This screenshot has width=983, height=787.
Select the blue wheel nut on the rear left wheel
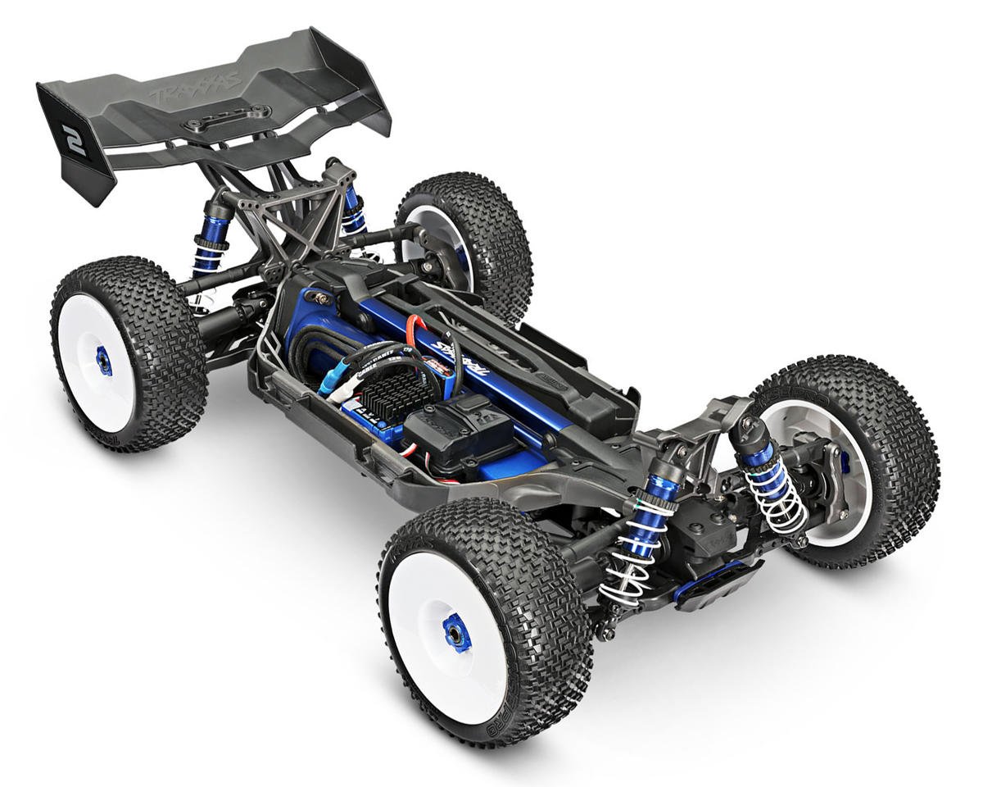[104, 361]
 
